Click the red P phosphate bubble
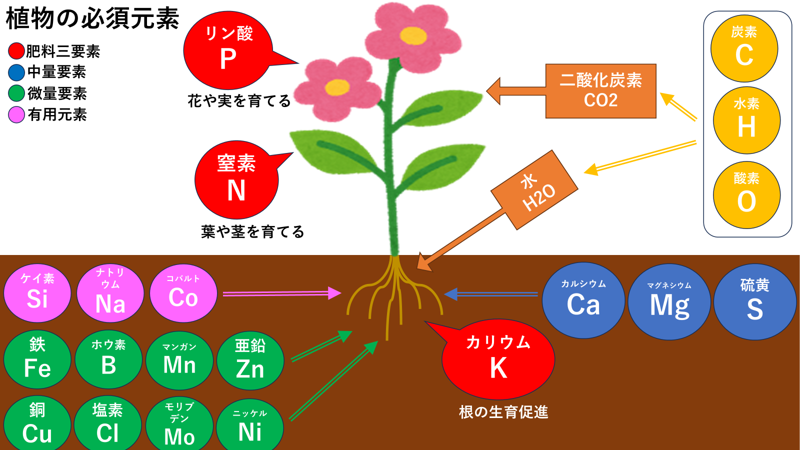228,50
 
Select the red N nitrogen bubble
236,179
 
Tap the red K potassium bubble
498,359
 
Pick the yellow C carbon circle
744,48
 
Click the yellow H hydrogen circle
746,120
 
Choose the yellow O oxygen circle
746,195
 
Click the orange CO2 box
600,91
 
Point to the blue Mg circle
669,302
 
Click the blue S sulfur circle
754,302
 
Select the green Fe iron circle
37,359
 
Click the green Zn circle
250,360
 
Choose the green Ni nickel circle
250,426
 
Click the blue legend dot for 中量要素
16,72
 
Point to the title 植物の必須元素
92,18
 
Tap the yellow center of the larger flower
413,35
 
